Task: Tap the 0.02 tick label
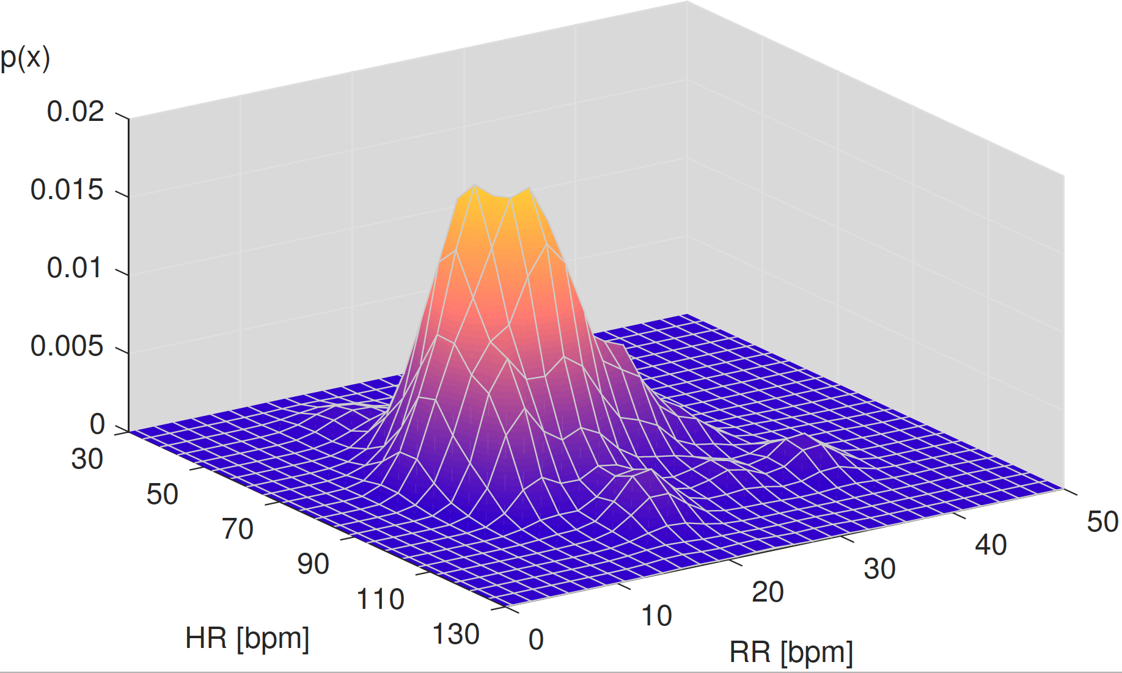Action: [76, 112]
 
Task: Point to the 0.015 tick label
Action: [67, 190]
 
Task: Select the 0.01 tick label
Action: [75, 268]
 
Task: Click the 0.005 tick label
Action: [67, 346]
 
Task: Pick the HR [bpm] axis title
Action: [247, 639]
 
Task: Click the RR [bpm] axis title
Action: [791, 653]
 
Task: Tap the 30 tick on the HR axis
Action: [87, 459]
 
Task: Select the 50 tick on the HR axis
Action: [162, 494]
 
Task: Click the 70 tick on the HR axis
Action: [237, 529]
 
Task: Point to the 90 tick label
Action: [313, 564]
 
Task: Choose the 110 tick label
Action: [380, 599]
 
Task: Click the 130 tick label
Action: [456, 635]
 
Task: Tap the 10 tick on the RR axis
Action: [656, 616]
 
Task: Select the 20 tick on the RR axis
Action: [768, 592]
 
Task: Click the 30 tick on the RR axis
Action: [879, 569]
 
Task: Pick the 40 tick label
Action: [991, 545]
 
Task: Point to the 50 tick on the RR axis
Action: [1102, 522]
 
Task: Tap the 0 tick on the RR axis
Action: [536, 639]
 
